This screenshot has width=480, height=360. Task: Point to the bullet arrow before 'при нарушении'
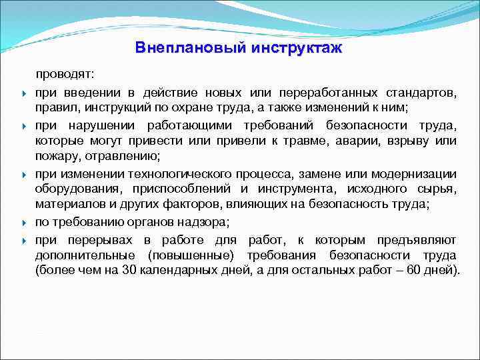pyautogui.click(x=23, y=126)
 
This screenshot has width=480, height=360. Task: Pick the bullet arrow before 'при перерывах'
pyautogui.click(x=23, y=240)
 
